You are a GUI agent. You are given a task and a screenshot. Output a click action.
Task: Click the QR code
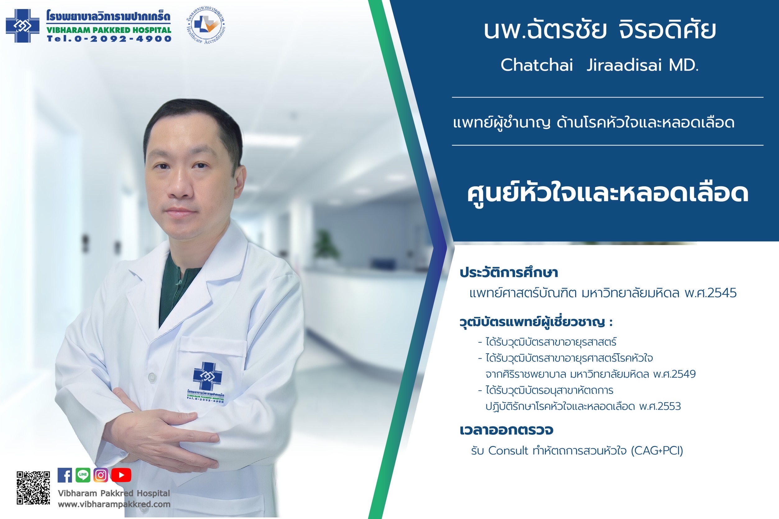pyautogui.click(x=34, y=488)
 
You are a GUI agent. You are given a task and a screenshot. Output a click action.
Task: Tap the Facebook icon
pyautogui.click(x=65, y=475)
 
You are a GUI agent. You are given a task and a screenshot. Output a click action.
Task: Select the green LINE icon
pyautogui.click(x=83, y=475)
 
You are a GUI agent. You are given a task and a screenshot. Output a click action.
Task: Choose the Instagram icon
pyautogui.click(x=101, y=475)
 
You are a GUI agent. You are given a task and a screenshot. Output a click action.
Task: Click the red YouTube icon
pyautogui.click(x=121, y=475)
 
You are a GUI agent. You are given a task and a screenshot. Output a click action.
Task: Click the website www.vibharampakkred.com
pyautogui.click(x=114, y=504)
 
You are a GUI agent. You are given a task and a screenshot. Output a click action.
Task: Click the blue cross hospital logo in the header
pyautogui.click(x=22, y=26)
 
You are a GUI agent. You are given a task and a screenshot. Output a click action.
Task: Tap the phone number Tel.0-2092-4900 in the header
pyautogui.click(x=109, y=39)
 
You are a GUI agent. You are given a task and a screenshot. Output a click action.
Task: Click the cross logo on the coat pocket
pyautogui.click(x=208, y=376)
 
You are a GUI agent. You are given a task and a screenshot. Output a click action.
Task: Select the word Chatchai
pyautogui.click(x=537, y=65)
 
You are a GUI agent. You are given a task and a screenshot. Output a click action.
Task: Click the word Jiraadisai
pyautogui.click(x=624, y=65)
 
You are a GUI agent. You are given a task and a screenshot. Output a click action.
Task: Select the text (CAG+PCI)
pyautogui.click(x=657, y=451)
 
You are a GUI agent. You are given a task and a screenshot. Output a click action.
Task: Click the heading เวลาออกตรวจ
pyautogui.click(x=506, y=430)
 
